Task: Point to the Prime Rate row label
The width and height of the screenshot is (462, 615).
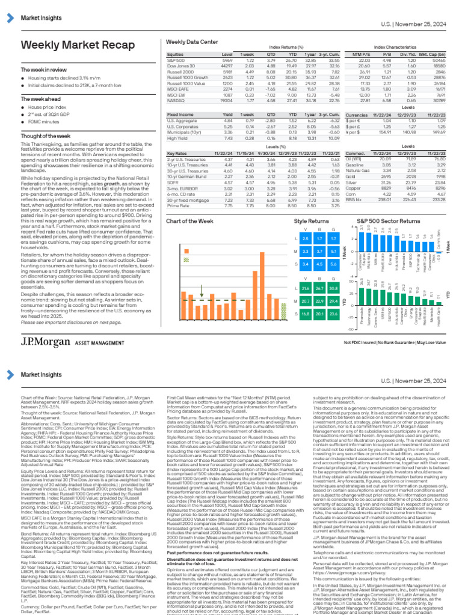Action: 180,205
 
